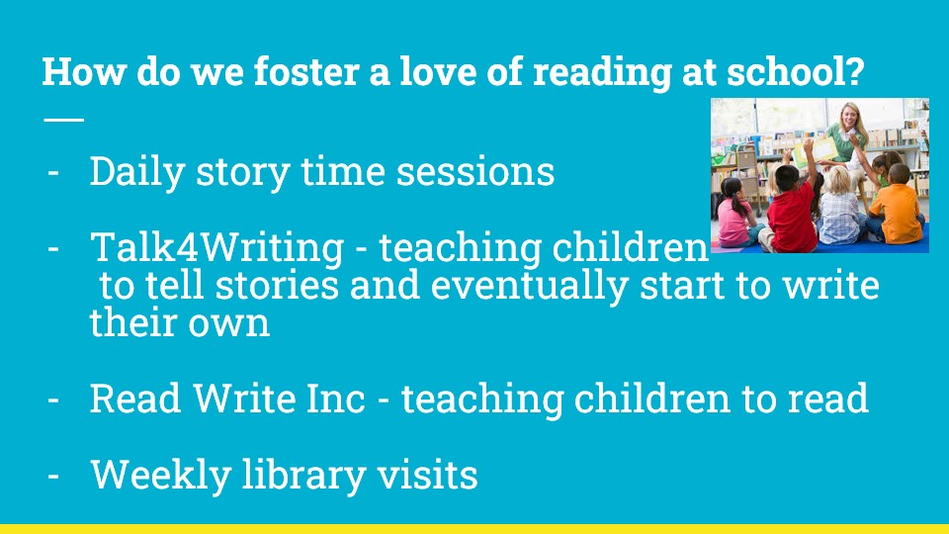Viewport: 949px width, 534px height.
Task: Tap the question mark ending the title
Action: pyautogui.click(x=854, y=71)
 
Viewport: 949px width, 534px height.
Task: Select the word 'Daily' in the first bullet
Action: pyautogui.click(x=137, y=172)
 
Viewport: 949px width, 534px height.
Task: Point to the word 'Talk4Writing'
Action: pyautogui.click(x=216, y=248)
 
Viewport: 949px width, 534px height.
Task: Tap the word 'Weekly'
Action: pyautogui.click(x=161, y=475)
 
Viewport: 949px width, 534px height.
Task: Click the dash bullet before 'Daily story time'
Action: pyautogui.click(x=53, y=173)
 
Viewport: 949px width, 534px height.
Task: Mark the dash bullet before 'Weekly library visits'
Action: pyautogui.click(x=53, y=476)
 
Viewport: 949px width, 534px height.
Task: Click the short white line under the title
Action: pyautogui.click(x=63, y=120)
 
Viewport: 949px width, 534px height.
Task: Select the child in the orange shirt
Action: pyautogui.click(x=897, y=206)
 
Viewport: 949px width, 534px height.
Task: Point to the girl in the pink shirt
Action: pyautogui.click(x=734, y=214)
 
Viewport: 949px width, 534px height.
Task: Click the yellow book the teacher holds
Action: pyautogui.click(x=815, y=150)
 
